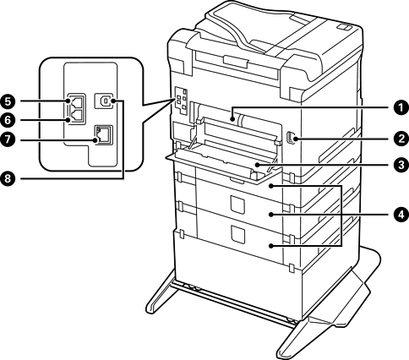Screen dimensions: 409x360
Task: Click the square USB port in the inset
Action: coord(103,101)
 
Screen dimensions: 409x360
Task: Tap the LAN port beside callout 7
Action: coord(103,135)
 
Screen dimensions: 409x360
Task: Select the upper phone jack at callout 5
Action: coord(75,101)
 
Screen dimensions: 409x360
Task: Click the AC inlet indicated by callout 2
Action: coord(290,139)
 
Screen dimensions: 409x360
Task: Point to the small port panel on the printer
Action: coord(181,101)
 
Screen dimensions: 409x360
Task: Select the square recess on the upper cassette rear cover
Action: coord(237,205)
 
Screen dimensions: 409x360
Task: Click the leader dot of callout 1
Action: coord(232,119)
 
